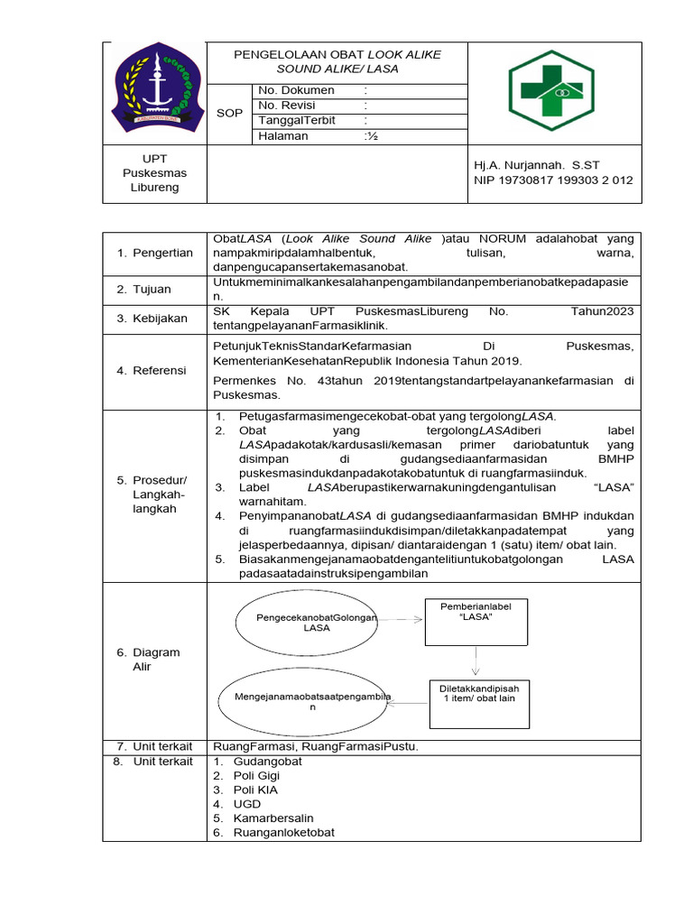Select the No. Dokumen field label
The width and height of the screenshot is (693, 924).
[x=296, y=90]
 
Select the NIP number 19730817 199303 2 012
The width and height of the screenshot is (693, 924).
[x=553, y=180]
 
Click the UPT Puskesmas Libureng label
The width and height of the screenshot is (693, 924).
[x=154, y=172]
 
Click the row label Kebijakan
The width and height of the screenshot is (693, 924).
[x=153, y=319]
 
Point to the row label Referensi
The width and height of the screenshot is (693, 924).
[x=153, y=371]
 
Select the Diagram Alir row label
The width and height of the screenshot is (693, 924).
[x=154, y=660]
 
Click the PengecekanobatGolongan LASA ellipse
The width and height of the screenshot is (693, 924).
[x=304, y=621]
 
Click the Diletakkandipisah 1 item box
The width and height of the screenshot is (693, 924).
[x=479, y=703]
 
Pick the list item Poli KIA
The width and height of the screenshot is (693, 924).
[x=255, y=790]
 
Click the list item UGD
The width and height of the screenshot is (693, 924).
[x=246, y=804]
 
